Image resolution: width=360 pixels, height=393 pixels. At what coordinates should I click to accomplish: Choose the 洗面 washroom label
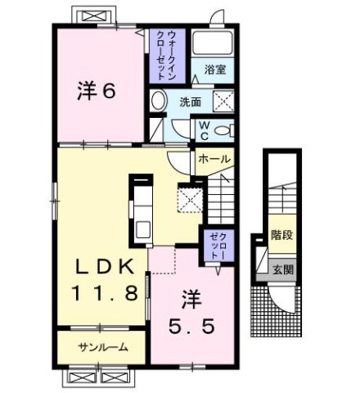click(191, 102)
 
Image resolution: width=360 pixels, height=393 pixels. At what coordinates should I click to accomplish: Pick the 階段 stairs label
click(282, 235)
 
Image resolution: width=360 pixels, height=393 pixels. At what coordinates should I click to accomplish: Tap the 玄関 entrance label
click(282, 269)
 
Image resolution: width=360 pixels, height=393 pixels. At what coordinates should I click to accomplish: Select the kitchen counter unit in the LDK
click(141, 205)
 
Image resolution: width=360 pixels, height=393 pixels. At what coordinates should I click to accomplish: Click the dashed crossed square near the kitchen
click(189, 199)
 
